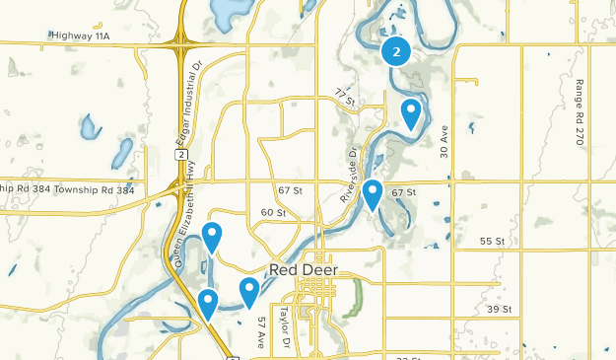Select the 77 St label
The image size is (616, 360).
click(343, 97)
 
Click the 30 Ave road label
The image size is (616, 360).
click(445, 141)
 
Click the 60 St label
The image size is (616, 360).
click(273, 212)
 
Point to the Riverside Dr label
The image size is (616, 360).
click(349, 177)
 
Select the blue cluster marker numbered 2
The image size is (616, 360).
click(396, 51)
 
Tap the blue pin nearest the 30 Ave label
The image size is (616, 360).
click(411, 113)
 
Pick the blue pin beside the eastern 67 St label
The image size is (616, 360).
click(373, 193)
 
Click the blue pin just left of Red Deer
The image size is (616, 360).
click(249, 291)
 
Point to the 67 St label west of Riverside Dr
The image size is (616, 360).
click(291, 189)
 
